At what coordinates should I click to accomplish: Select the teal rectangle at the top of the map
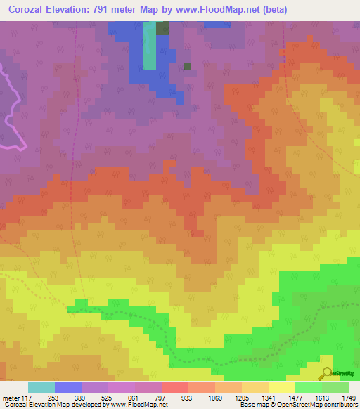(149, 46)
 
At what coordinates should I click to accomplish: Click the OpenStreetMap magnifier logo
(327, 373)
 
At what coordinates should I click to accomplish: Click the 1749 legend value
(347, 397)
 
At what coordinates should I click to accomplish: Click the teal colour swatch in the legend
(41, 387)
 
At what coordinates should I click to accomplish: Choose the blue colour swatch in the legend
(68, 387)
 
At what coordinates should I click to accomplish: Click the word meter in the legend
(10, 397)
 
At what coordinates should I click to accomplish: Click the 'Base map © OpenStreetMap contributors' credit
(297, 405)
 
